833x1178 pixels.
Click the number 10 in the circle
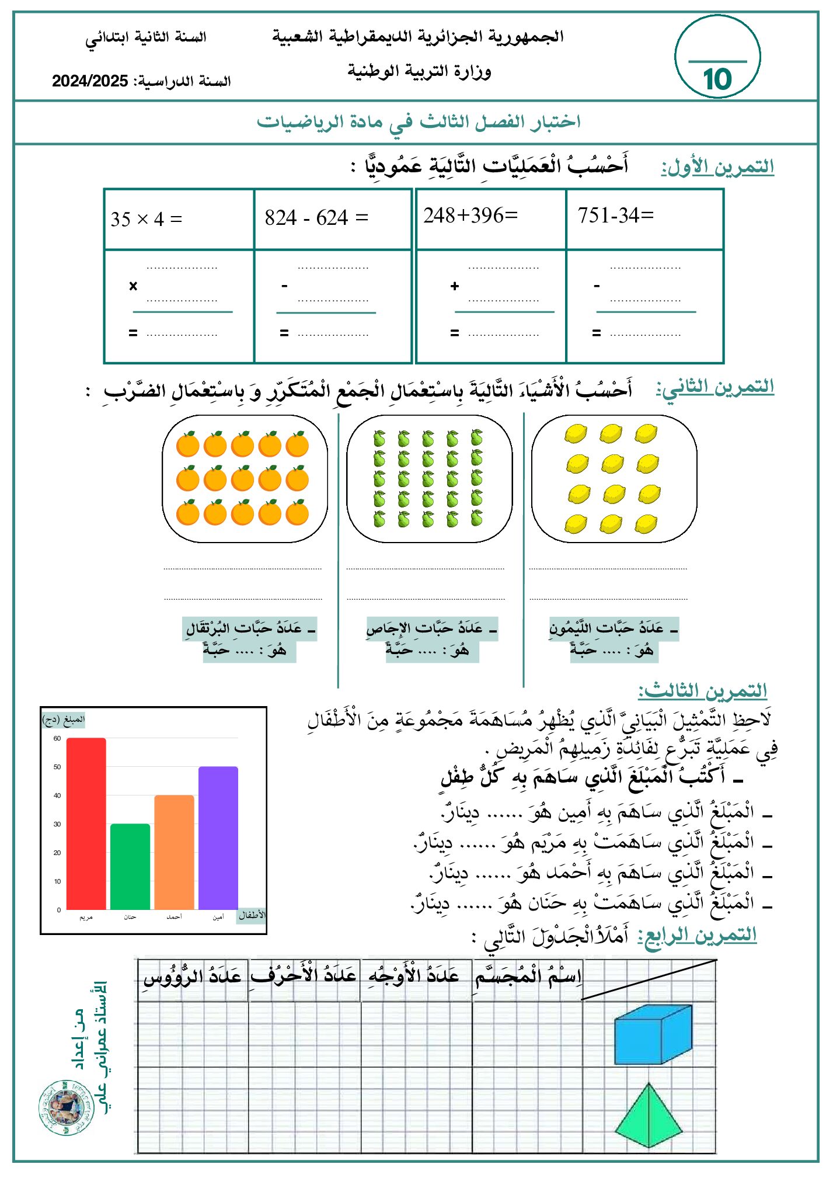pyautogui.click(x=717, y=79)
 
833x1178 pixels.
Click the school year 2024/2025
pyautogui.click(x=90, y=81)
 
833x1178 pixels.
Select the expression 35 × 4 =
pyautogui.click(x=147, y=220)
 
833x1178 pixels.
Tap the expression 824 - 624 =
pyautogui.click(x=316, y=218)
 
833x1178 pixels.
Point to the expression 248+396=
pyautogui.click(x=470, y=216)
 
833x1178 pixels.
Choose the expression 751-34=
pyautogui.click(x=616, y=216)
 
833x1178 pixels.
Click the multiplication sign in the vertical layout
pyautogui.click(x=133, y=286)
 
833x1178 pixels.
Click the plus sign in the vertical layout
pyautogui.click(x=455, y=286)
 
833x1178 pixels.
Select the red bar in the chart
pyautogui.click(x=86, y=823)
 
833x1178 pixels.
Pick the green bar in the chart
pyautogui.click(x=130, y=867)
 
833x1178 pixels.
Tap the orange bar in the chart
pyautogui.click(x=174, y=852)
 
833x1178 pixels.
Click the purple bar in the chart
pyautogui.click(x=218, y=838)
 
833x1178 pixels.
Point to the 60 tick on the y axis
pyautogui.click(x=57, y=738)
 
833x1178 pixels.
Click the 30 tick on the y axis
pyautogui.click(x=57, y=824)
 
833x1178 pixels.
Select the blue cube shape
pyautogui.click(x=653, y=1034)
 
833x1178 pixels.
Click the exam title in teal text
pyautogui.click(x=419, y=122)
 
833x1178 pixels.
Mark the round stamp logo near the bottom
pyautogui.click(x=66, y=1108)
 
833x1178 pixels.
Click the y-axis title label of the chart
pyautogui.click(x=64, y=720)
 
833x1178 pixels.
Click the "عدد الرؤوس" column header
pyautogui.click(x=193, y=977)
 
